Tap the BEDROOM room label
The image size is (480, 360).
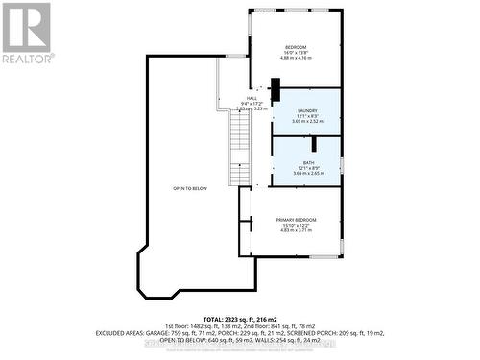coord(296,47)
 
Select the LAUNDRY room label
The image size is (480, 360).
coord(307,111)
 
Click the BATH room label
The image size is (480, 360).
coord(308,163)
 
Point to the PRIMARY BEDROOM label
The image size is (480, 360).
coord(296,220)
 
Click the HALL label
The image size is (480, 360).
coord(252,98)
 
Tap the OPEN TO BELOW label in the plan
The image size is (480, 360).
coord(190,188)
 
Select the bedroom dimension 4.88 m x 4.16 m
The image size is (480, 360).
coord(296,59)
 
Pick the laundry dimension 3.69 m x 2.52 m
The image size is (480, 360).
coord(308,122)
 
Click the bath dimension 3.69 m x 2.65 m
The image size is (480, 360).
coord(308,174)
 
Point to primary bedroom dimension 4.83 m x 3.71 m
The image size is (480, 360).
coord(296,230)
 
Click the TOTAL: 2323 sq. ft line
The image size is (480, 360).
coord(240,319)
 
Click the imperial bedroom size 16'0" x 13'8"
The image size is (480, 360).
coord(296,53)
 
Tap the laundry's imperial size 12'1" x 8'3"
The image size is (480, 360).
coord(307,117)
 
